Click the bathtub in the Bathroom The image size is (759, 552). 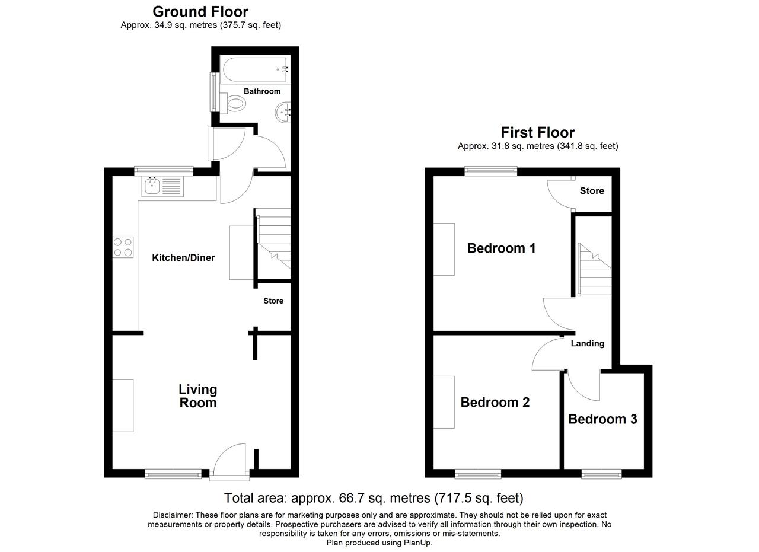click(255, 69)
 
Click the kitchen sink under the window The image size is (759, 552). click(162, 186)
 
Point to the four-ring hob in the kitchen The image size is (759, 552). click(123, 247)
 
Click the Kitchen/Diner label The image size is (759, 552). click(183, 258)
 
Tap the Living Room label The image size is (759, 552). click(198, 396)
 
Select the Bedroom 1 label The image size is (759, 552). click(502, 248)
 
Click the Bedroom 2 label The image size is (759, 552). click(495, 402)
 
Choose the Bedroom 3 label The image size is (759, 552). click(603, 419)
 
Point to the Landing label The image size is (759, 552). click(588, 344)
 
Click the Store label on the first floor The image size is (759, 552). click(592, 191)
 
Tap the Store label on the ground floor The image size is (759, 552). click(273, 301)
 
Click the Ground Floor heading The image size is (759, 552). click(200, 12)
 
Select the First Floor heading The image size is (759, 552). click(538, 132)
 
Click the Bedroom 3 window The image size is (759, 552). click(602, 474)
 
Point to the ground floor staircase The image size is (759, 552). click(273, 238)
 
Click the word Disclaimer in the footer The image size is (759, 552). click(173, 515)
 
